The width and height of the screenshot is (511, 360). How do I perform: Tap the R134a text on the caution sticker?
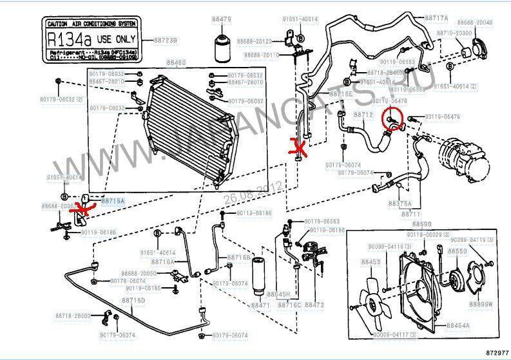(69, 39)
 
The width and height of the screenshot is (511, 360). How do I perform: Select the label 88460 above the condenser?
(176, 63)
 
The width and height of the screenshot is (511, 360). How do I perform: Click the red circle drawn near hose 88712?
(394, 118)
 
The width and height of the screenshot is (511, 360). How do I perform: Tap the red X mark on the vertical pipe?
(298, 148)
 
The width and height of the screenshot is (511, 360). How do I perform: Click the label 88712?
(363, 115)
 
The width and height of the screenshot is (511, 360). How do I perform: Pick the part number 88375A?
(400, 203)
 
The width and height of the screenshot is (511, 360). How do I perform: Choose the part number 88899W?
(479, 304)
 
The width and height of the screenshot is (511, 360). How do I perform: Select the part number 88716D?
(135, 300)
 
